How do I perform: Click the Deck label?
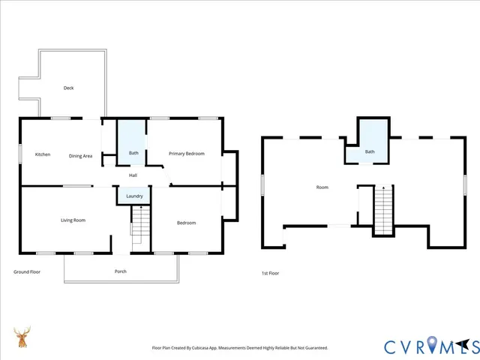[68, 88]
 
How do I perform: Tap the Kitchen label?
[43, 154]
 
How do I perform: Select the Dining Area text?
[80, 155]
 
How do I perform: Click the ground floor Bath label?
[133, 153]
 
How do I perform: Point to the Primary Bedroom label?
[186, 153]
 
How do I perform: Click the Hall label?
[133, 175]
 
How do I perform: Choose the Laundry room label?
[135, 196]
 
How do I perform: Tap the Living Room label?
[73, 220]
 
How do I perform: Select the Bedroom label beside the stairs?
[186, 223]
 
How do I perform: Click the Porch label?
[120, 271]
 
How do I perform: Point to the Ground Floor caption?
[27, 271]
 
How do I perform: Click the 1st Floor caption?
[270, 273]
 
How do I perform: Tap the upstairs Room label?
[322, 187]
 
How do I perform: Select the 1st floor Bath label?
[369, 151]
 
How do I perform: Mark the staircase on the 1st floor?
[383, 209]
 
